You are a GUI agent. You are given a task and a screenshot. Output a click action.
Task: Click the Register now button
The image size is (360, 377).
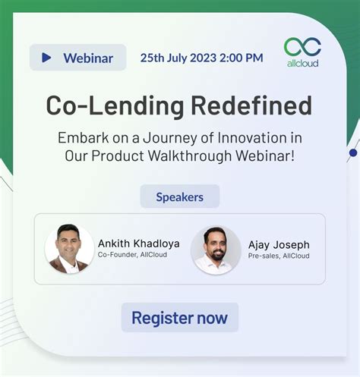(x=180, y=317)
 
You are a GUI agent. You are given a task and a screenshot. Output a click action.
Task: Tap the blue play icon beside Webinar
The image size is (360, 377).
(x=47, y=58)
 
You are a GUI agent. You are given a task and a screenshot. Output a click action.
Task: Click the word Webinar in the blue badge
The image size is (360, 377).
(x=88, y=58)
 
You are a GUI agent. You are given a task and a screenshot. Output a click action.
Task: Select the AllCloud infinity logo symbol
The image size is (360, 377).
(x=302, y=47)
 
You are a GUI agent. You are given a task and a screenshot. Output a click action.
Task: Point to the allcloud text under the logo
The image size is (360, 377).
(x=302, y=63)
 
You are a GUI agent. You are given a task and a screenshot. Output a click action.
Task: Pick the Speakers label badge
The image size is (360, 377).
(x=180, y=196)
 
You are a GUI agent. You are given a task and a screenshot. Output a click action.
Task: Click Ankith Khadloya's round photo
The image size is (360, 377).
(x=69, y=248)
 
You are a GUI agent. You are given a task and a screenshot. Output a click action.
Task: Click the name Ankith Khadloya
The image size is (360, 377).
(x=139, y=243)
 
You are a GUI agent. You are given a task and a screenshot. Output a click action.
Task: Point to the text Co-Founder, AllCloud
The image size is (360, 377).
(x=132, y=256)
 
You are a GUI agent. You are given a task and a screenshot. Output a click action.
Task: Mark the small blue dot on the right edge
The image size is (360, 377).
(x=352, y=152)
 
